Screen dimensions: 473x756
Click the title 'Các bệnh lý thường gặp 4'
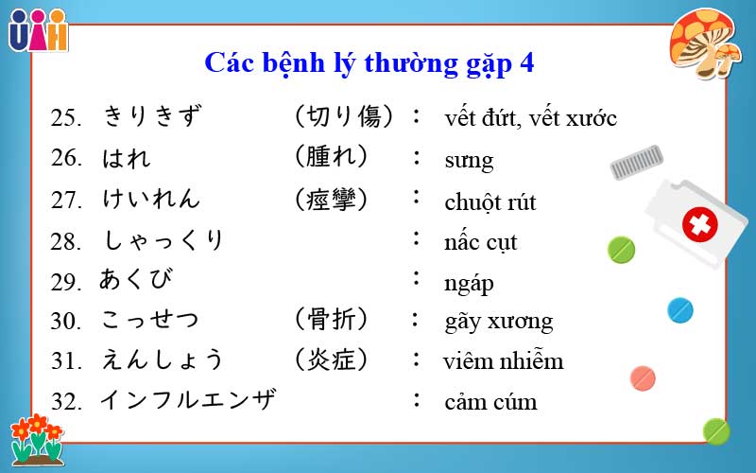(369, 63)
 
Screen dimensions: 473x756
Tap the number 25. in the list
(68, 118)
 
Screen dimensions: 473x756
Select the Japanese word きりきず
(152, 116)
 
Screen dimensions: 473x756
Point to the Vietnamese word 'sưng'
(469, 160)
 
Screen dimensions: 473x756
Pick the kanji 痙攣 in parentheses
(330, 200)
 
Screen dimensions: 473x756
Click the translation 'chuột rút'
(490, 202)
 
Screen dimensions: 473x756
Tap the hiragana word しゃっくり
(163, 240)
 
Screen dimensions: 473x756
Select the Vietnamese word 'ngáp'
(469, 283)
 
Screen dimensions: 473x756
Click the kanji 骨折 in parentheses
(330, 319)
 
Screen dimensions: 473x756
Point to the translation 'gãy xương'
(498, 321)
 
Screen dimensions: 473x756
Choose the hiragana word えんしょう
(163, 359)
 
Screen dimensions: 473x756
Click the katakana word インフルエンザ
(188, 400)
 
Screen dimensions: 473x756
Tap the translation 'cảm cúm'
(490, 402)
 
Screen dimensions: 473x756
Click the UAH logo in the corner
(38, 30)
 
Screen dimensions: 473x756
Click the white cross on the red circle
(700, 225)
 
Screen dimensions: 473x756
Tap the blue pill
(680, 309)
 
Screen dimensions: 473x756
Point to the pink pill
(643, 377)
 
